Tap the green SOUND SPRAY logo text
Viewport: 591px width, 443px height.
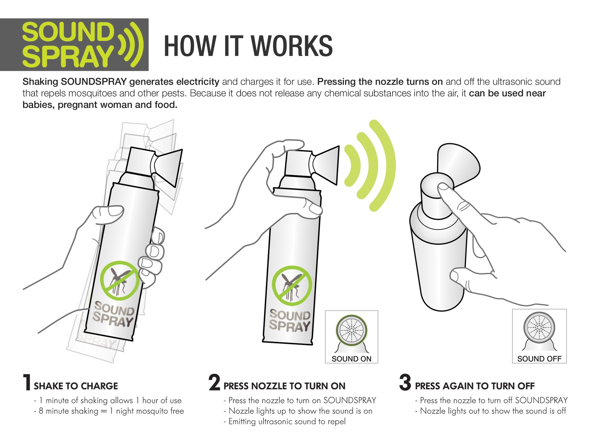point(68,45)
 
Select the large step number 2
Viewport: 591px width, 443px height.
point(214,382)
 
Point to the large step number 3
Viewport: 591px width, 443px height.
point(405,382)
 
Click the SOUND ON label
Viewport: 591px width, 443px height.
point(351,359)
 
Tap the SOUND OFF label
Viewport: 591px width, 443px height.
point(539,359)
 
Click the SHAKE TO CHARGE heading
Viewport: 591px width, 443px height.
point(76,386)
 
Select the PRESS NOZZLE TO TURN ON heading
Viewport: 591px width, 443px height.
point(284,386)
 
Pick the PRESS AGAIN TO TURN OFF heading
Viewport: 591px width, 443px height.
point(475,386)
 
